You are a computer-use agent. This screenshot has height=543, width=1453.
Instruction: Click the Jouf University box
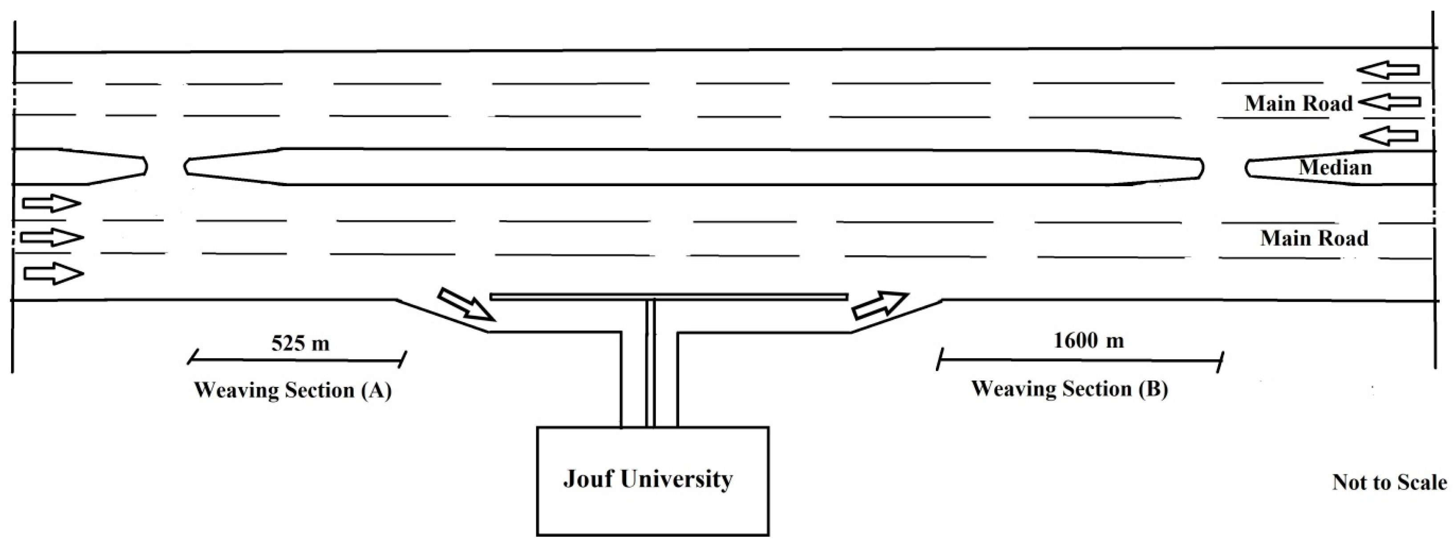[652, 480]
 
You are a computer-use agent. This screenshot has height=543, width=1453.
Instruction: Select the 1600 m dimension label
[1089, 340]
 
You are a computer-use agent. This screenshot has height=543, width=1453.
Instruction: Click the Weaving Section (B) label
[1069, 389]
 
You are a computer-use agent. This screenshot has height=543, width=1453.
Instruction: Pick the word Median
[1335, 167]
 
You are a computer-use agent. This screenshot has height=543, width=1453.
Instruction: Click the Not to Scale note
[1389, 482]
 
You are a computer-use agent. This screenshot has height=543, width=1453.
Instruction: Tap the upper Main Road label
[1299, 103]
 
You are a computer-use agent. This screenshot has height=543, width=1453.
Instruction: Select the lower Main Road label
[1314, 238]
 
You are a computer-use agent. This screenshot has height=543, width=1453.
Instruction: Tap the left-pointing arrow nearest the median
[1388, 136]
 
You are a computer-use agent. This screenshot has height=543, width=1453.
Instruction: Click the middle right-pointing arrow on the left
[52, 237]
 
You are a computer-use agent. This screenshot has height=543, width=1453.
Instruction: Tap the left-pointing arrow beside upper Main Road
[1389, 102]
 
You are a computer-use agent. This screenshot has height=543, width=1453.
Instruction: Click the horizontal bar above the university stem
[668, 296]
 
